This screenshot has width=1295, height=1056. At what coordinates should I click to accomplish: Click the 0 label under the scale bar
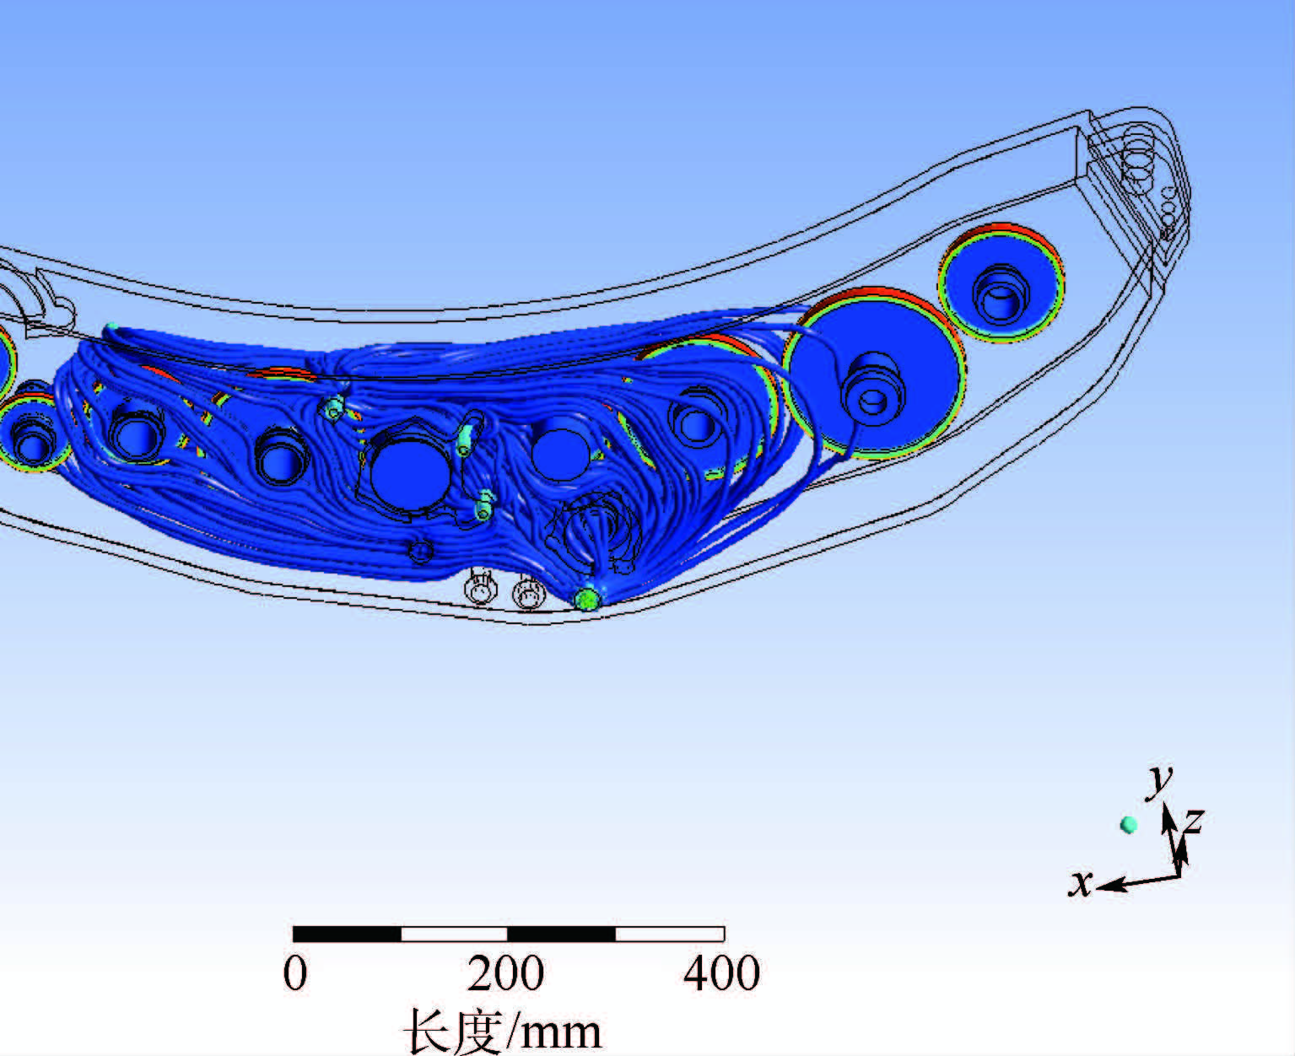[295, 973]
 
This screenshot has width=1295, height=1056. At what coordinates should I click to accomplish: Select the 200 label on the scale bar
[505, 973]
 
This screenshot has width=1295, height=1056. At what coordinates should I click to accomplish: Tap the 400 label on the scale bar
[722, 973]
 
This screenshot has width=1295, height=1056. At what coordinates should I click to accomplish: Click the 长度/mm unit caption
[503, 1031]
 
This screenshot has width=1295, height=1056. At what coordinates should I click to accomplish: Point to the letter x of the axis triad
[1081, 883]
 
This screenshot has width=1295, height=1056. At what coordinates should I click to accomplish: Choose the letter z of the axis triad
[1193, 820]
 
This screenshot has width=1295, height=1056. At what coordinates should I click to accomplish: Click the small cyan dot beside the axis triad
[1129, 825]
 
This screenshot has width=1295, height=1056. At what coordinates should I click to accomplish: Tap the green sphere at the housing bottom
[588, 598]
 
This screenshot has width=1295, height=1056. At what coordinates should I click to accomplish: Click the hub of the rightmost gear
[1001, 294]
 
